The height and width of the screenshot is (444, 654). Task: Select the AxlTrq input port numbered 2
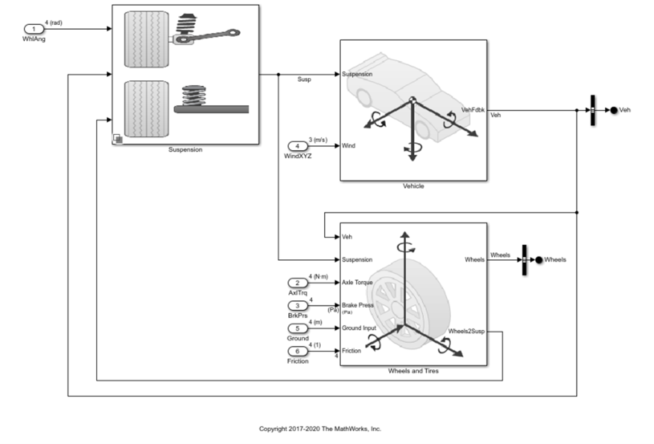297,283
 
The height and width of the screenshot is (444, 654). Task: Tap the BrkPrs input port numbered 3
297,305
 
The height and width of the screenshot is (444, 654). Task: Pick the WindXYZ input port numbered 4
297,146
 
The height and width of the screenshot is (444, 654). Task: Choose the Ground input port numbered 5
297,328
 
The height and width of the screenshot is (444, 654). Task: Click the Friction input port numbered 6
297,351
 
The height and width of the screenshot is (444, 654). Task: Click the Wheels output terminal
538,259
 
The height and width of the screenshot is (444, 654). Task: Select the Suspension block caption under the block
185,149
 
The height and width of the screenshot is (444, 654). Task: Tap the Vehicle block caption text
413,186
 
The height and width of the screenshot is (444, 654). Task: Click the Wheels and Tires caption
413,371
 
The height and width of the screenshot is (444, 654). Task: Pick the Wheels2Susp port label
467,331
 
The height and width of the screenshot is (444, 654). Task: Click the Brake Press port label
357,304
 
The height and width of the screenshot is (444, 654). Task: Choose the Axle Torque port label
357,283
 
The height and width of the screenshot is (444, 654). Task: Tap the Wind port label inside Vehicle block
348,146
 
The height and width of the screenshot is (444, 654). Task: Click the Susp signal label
304,80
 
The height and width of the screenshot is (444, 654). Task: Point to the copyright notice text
320,429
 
